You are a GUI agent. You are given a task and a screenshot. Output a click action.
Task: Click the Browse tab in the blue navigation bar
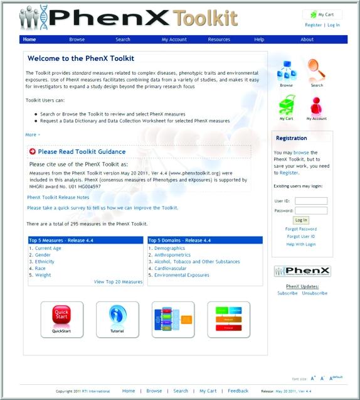tap(77, 40)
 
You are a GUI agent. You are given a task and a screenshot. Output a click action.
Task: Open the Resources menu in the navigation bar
tap(219, 40)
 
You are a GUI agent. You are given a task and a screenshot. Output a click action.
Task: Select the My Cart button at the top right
tap(322, 14)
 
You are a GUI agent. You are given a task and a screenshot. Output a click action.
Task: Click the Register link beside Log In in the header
tap(313, 25)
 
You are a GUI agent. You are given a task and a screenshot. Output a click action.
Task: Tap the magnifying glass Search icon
tap(317, 70)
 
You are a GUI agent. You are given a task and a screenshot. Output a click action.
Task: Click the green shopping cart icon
tap(287, 104)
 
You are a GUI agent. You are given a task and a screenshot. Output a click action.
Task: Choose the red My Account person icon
tap(316, 104)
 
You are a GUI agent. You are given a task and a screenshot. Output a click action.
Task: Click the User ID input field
tap(311, 201)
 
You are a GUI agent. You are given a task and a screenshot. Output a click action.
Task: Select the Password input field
tap(311, 210)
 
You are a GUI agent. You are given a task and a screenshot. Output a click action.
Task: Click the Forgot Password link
tap(301, 229)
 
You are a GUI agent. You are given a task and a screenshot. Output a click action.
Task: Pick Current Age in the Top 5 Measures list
tap(48, 248)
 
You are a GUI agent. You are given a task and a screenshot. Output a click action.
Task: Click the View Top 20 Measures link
tap(118, 282)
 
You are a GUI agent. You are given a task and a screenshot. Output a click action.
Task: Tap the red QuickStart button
tap(62, 317)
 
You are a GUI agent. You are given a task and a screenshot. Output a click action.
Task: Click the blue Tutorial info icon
tap(117, 317)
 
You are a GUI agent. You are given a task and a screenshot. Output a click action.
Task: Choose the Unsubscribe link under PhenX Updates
tap(314, 293)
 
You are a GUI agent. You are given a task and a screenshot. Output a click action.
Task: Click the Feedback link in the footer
tap(238, 391)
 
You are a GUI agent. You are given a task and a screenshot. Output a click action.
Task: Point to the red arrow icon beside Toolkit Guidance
tap(32, 151)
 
